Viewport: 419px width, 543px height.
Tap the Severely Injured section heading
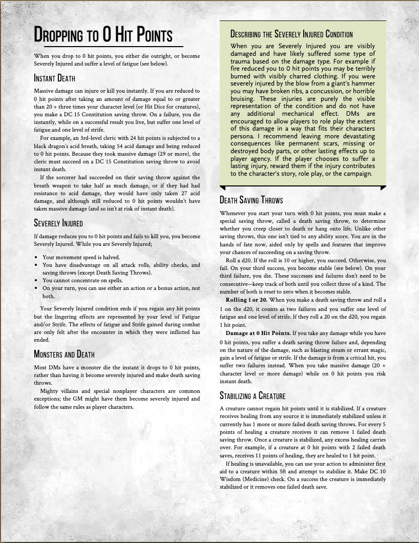tap(58, 223)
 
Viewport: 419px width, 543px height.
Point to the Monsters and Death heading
tap(64, 354)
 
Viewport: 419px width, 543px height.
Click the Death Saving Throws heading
tap(251, 200)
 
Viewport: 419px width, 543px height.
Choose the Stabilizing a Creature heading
tap(253, 395)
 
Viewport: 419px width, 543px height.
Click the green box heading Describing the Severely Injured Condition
tap(291, 34)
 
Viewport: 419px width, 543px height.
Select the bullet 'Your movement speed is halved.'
tap(81, 257)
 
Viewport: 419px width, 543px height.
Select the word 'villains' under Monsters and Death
tap(74, 391)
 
